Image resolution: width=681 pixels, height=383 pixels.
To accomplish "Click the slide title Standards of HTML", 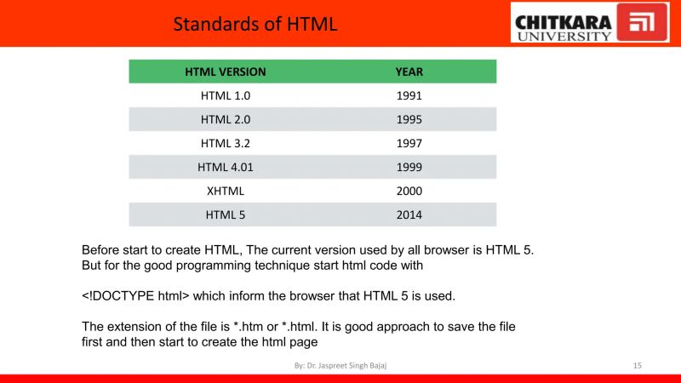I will coord(255,24).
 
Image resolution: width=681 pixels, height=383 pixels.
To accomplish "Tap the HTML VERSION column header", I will coord(225,72).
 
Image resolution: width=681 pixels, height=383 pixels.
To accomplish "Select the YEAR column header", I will coord(409,72).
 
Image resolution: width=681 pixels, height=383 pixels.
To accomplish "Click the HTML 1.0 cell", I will coord(225,96).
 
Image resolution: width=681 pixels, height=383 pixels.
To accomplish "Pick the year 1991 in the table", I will coord(409,96).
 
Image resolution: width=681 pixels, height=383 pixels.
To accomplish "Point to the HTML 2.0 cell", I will coord(225,120).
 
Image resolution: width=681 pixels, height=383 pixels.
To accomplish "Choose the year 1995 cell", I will coord(409,120).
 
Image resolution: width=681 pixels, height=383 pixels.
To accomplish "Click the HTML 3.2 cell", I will coord(225,144).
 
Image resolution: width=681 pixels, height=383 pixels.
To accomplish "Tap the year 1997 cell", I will coord(409,144).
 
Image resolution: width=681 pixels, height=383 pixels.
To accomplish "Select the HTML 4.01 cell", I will coord(225,168).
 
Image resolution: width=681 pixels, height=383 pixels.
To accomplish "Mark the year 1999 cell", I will coord(409,168).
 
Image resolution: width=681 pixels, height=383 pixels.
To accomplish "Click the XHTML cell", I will coord(225,191).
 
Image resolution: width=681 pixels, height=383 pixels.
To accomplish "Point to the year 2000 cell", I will coord(409,191).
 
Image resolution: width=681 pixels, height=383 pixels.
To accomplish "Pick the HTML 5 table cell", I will coord(225,215).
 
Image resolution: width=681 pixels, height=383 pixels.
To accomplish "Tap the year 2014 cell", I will coord(409,215).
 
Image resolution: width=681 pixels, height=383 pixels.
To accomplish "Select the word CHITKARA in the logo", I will coord(563,16).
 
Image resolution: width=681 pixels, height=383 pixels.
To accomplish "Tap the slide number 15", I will coord(637,365).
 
